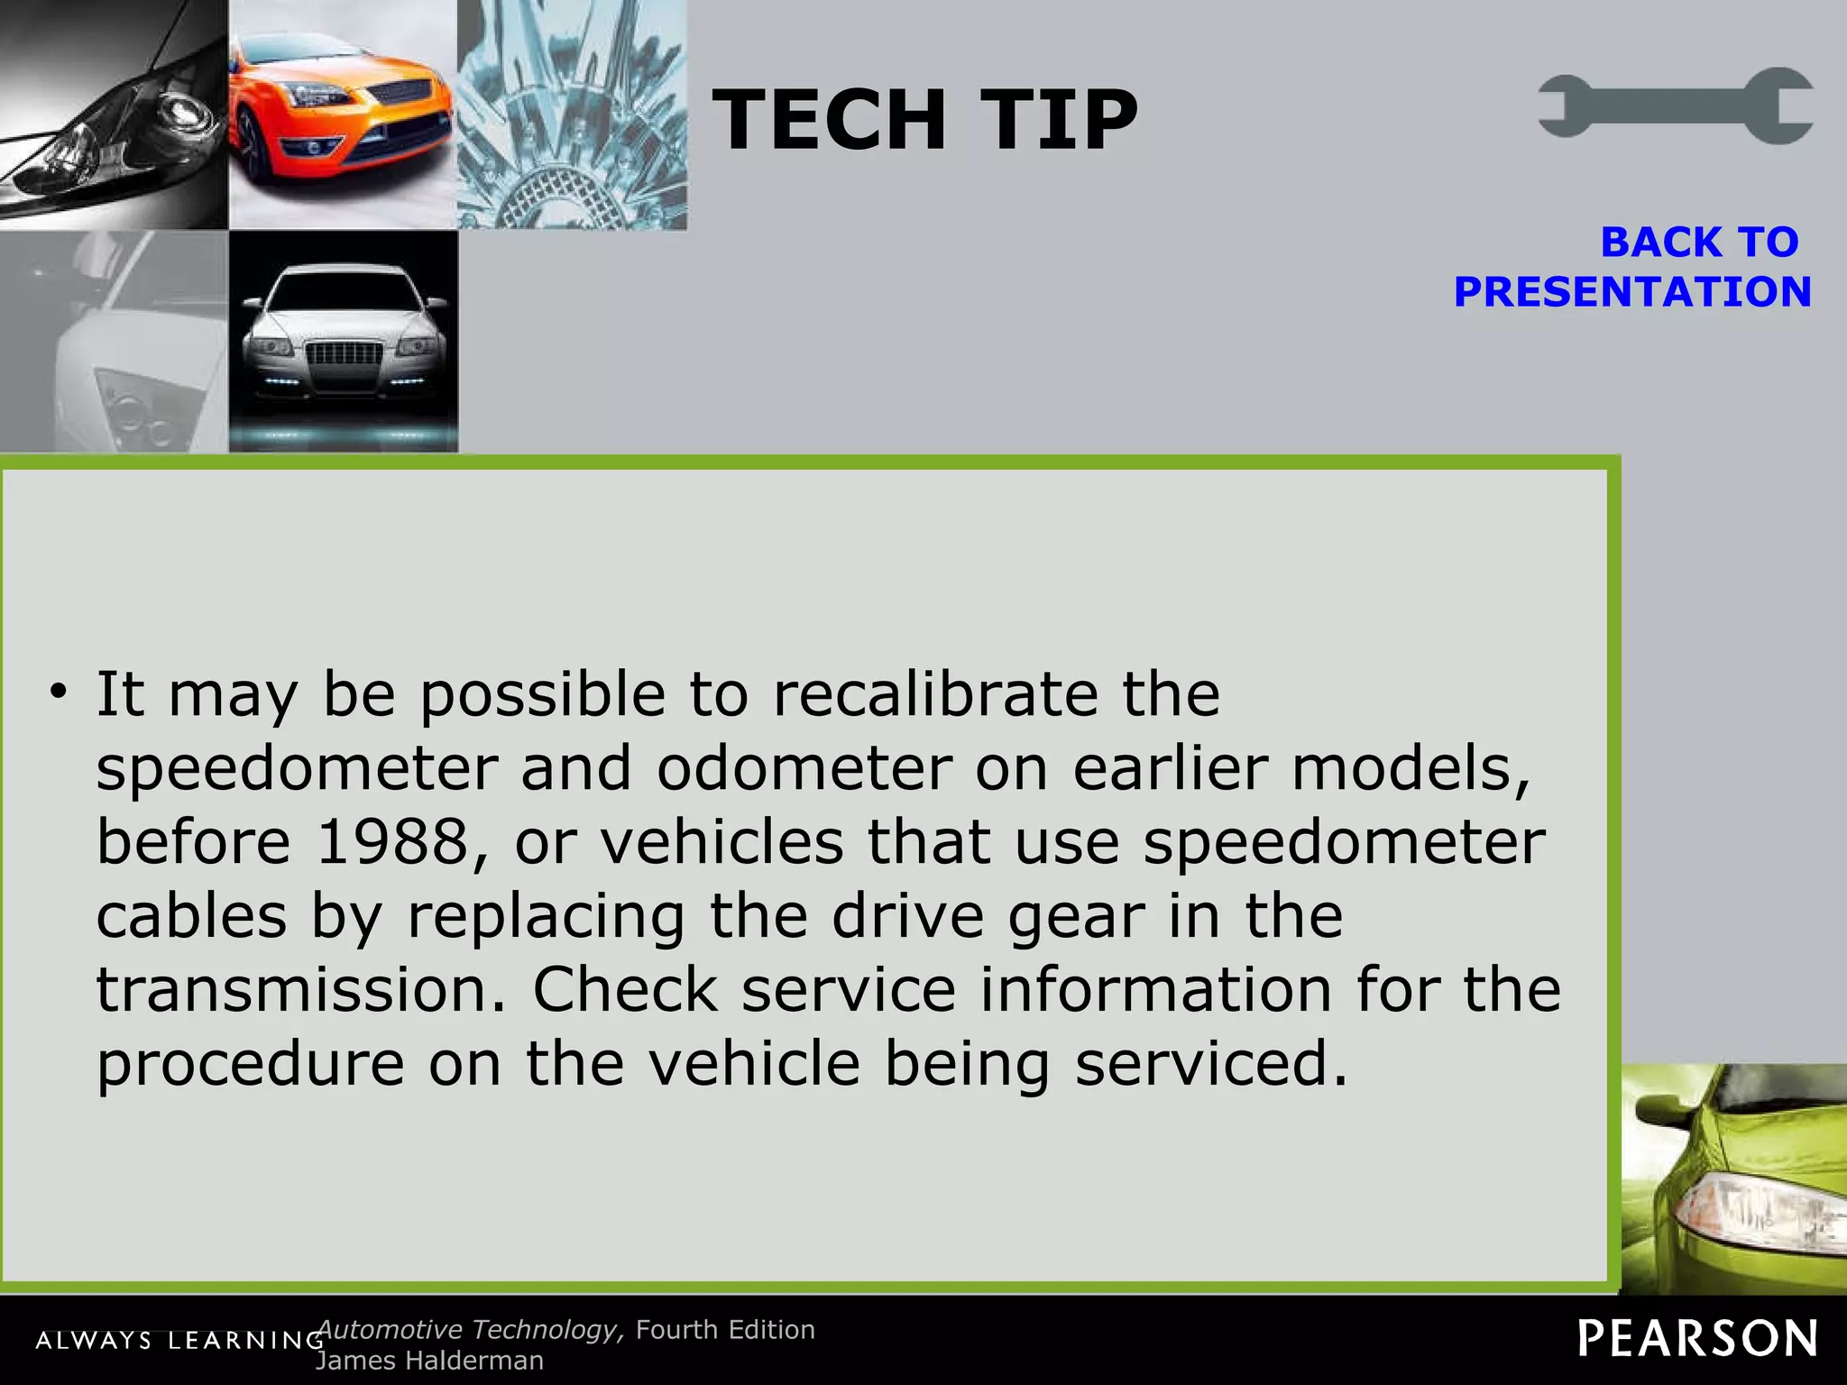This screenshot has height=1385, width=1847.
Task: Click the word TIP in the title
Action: click(1059, 120)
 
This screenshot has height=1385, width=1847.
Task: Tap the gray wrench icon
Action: click(1676, 105)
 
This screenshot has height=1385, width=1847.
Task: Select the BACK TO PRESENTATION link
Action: click(1632, 268)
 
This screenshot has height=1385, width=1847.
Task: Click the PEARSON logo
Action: click(1696, 1338)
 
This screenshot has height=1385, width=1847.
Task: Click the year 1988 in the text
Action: click(392, 842)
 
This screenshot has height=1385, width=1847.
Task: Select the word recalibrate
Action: click(935, 694)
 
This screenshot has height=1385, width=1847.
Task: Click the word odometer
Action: click(804, 768)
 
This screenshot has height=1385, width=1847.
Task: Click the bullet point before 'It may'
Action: click(59, 692)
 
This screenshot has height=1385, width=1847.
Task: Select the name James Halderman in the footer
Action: click(429, 1361)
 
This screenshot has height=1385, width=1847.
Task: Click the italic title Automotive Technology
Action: click(469, 1330)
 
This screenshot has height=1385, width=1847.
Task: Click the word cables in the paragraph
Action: click(191, 916)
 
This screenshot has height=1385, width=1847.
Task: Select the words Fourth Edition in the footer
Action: click(725, 1330)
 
